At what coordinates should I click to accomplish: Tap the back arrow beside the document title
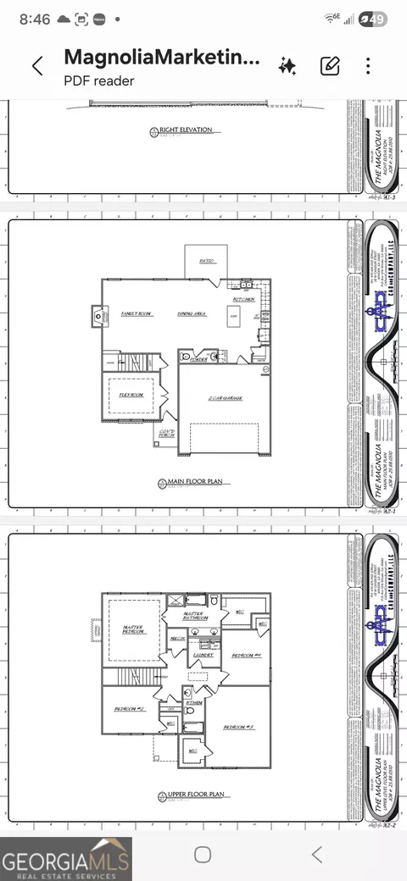37,67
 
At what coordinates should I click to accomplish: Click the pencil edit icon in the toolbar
330,66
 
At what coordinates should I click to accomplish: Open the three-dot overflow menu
368,66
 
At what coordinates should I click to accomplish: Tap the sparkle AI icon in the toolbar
287,66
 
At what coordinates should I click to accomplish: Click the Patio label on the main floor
206,261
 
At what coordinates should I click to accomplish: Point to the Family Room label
136,314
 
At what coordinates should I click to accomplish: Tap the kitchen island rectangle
232,317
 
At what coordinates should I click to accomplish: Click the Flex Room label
130,395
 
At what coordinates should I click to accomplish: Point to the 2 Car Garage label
226,398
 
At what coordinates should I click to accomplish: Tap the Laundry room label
203,654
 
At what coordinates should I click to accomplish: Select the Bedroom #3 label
238,727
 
